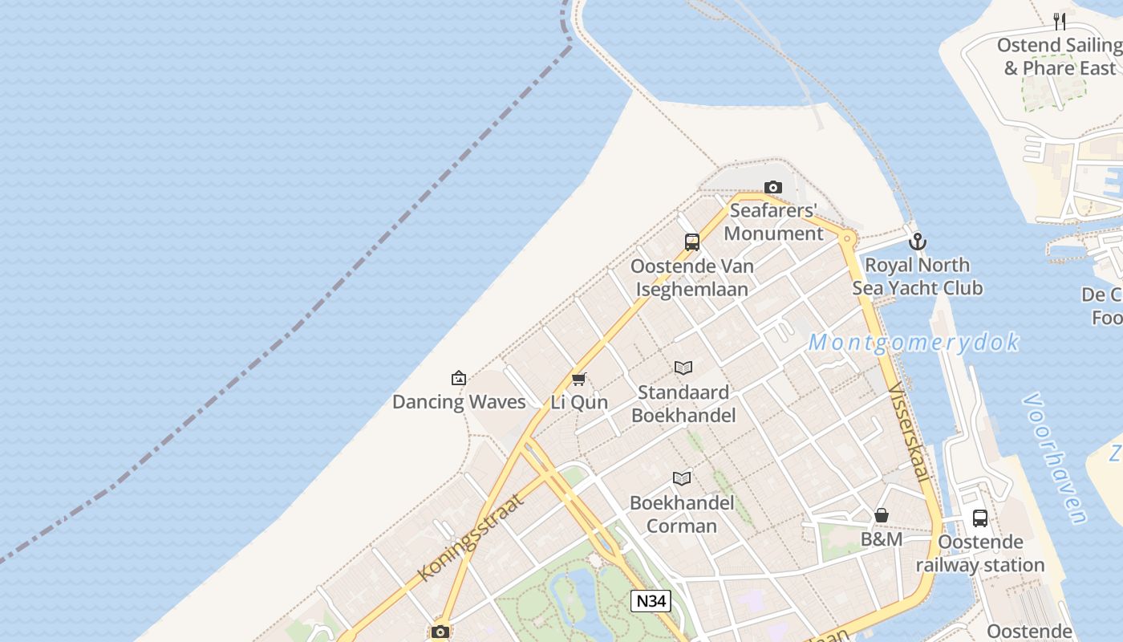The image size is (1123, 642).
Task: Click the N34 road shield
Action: click(x=650, y=601)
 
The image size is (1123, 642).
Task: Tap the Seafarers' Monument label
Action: click(x=774, y=222)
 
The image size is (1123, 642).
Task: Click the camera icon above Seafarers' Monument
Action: click(x=773, y=188)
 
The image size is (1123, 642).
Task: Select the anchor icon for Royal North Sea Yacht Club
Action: click(x=917, y=241)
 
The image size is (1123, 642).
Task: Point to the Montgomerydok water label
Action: click(x=913, y=343)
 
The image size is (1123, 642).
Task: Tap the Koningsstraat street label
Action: click(x=471, y=537)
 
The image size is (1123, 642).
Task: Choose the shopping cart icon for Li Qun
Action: click(x=578, y=379)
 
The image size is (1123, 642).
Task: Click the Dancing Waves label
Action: click(x=459, y=401)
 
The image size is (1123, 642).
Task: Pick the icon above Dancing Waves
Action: click(x=459, y=377)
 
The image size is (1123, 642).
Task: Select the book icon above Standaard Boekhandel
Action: click(x=683, y=368)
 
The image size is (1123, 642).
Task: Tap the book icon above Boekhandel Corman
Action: click(x=682, y=479)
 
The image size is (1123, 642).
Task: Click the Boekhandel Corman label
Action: click(x=682, y=514)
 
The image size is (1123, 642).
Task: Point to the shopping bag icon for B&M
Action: click(x=882, y=515)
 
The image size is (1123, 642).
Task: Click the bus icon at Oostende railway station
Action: click(x=980, y=518)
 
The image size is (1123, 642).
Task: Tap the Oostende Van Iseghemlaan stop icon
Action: click(x=691, y=242)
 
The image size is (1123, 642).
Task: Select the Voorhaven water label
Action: click(x=1056, y=458)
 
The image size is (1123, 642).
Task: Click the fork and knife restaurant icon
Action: click(x=1060, y=21)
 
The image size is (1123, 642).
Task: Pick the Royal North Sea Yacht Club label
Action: click(x=917, y=276)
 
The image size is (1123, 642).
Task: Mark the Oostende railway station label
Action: click(x=980, y=554)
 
